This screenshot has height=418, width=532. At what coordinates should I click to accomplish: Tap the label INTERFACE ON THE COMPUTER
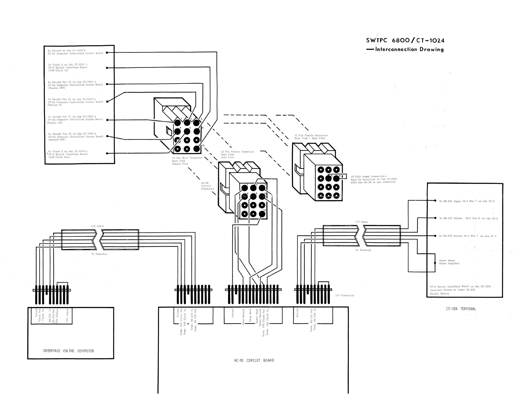tap(68, 351)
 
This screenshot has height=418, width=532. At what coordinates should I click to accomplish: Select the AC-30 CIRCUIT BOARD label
tap(254, 360)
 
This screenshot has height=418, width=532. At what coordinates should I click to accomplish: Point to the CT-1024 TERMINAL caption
tap(461, 309)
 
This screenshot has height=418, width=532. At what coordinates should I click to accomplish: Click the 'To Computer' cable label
tap(99, 254)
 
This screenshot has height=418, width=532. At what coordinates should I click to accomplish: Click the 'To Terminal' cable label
tap(363, 250)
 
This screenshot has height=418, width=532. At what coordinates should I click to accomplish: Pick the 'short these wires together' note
tap(449, 262)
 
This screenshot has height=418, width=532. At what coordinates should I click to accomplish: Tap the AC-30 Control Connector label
tap(207, 186)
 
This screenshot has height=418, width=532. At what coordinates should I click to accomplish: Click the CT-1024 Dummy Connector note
tap(374, 179)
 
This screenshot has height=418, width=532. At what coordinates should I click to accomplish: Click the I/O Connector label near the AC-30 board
tap(345, 295)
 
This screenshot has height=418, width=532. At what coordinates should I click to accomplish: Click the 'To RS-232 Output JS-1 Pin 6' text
tap(468, 218)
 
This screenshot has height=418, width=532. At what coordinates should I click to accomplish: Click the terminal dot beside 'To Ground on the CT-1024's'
tap(107, 53)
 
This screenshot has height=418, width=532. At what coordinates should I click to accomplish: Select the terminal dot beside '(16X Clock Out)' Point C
tap(107, 153)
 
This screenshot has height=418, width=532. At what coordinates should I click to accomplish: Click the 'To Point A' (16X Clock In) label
tap(68, 67)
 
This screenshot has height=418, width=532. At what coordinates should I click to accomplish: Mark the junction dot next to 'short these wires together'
tap(435, 263)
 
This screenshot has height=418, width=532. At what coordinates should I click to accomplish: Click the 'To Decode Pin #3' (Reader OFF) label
tap(75, 85)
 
